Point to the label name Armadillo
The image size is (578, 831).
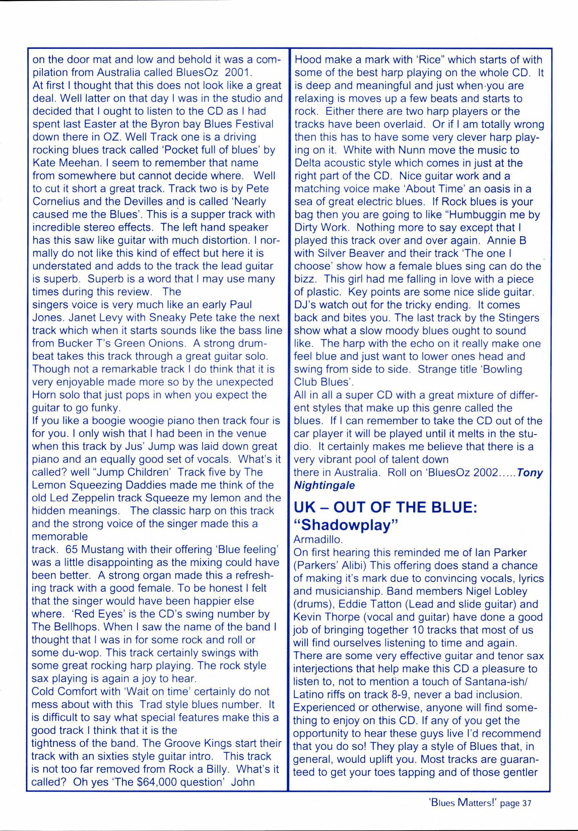click(318, 540)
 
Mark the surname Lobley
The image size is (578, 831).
click(491, 592)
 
